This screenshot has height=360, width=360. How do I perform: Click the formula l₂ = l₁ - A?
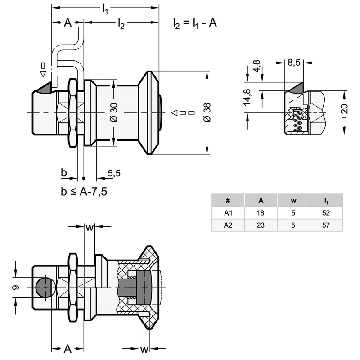coord(195,24)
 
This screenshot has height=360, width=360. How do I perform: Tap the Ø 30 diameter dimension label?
coord(113,112)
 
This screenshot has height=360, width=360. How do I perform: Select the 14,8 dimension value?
coord(247,98)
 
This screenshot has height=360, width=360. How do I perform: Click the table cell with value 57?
coord(326,225)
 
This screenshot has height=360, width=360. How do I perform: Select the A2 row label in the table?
coord(228,225)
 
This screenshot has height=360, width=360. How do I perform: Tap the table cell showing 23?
coord(261,225)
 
